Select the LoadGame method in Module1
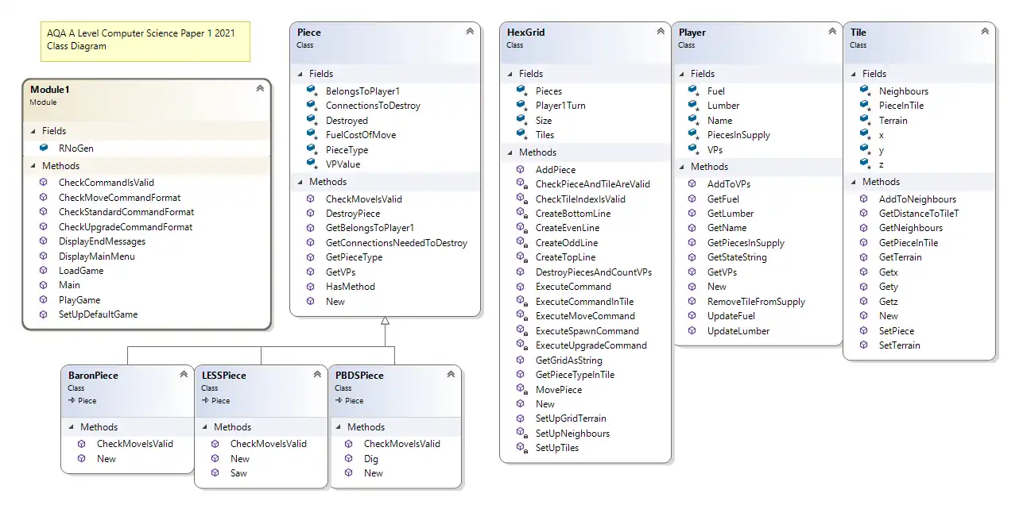(80, 271)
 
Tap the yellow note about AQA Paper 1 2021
(145, 40)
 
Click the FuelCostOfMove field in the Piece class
(360, 135)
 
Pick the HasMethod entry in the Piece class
(350, 287)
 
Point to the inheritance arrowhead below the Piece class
(385, 321)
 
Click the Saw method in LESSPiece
(238, 473)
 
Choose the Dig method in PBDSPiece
(371, 459)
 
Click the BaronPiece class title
(93, 376)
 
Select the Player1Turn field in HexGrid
(560, 106)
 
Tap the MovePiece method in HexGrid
(558, 390)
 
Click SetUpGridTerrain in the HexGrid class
(571, 418)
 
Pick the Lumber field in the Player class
(723, 106)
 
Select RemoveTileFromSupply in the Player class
(756, 302)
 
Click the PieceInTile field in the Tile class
(901, 106)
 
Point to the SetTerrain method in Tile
(899, 345)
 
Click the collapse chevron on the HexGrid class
(661, 32)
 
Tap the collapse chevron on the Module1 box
(260, 89)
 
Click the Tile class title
(858, 33)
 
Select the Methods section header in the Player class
(709, 167)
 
